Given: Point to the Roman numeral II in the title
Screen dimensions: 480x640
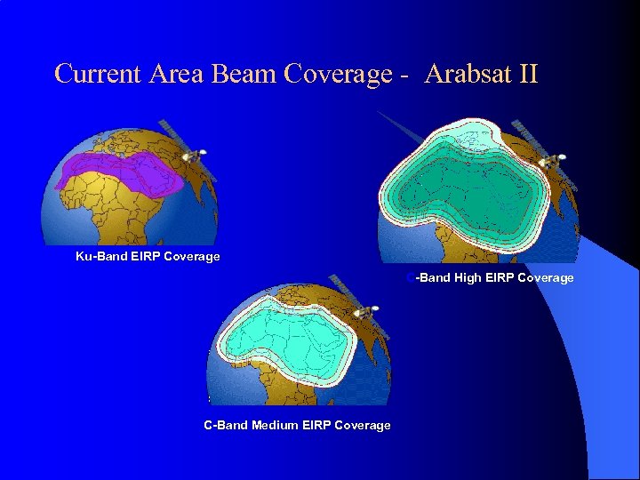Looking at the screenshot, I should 526,74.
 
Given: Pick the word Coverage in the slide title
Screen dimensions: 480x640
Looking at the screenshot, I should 338,74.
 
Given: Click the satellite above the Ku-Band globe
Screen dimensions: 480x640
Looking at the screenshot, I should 191,154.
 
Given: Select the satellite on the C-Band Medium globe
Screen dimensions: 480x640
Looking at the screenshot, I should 364,313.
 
